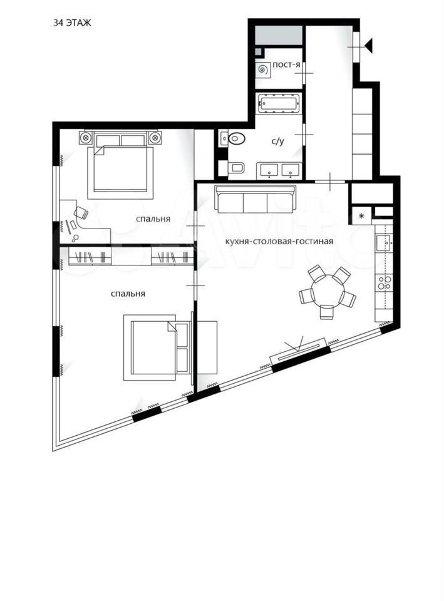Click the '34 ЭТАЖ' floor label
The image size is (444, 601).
72,23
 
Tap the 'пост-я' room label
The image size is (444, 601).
286,64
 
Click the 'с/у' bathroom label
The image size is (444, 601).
278,141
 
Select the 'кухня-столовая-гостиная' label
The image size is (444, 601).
279,242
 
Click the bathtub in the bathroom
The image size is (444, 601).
279,103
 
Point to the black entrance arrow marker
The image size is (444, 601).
369,46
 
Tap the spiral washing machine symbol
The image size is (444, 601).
262,69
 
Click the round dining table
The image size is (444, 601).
327,290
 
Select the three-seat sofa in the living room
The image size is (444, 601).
256,199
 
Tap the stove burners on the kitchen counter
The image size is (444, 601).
384,282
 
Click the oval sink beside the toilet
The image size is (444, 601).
236,138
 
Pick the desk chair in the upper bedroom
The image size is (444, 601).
81,213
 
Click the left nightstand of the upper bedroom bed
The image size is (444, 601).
86,137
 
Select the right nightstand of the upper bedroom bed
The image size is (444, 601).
155,137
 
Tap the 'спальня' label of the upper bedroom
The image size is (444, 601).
153,219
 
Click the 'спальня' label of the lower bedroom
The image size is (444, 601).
128,294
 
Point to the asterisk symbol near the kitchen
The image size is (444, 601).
361,216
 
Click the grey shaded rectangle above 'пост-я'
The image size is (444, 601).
279,35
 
